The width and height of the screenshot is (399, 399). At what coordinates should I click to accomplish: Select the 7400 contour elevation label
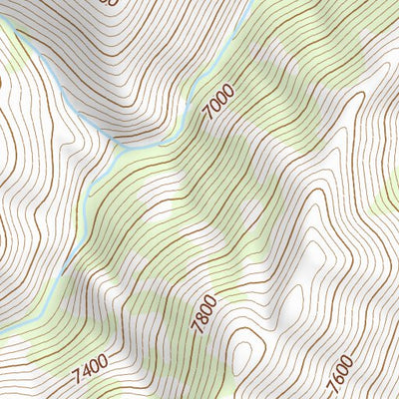(x=91, y=371)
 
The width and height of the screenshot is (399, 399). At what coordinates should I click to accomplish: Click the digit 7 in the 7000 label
(x=208, y=119)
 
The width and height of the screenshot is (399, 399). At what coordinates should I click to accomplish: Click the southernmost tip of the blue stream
(x=62, y=273)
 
